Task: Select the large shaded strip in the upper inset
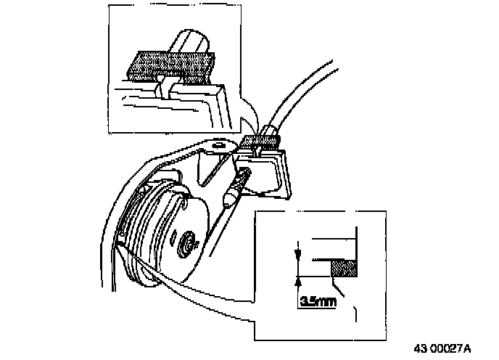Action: [x=171, y=66]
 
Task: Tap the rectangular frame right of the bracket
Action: [x=275, y=174]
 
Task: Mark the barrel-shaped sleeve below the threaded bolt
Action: [x=231, y=198]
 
